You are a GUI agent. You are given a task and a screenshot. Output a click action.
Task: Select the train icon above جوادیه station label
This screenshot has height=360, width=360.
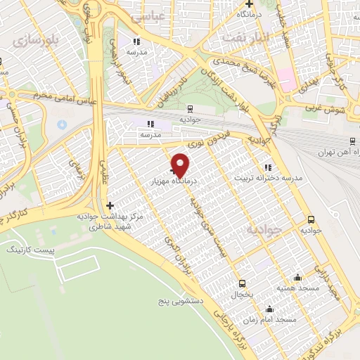click(190, 108)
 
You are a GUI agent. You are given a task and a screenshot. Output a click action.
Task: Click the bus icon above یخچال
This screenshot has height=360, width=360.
click(243, 283)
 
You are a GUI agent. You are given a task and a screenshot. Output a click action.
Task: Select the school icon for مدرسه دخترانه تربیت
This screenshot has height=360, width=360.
click(267, 167)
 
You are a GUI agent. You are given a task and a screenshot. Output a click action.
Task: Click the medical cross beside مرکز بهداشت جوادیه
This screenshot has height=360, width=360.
click(109, 205)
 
